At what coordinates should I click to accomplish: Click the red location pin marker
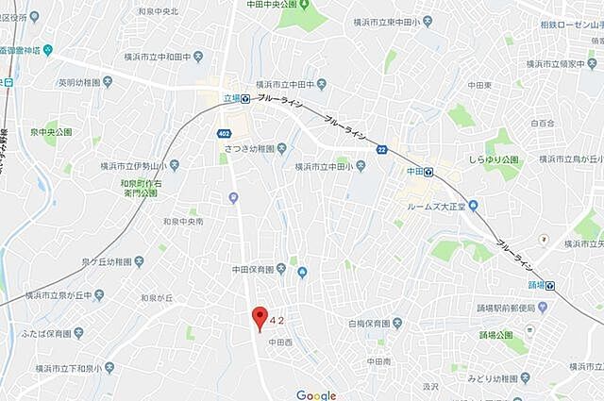[260, 317]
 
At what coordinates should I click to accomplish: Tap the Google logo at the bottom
[315, 395]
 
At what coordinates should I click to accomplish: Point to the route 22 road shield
[380, 150]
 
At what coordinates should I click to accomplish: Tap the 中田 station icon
[428, 172]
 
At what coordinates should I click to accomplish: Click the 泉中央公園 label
[50, 132]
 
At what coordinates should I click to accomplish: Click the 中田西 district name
[281, 342]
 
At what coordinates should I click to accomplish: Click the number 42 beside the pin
[277, 321]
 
